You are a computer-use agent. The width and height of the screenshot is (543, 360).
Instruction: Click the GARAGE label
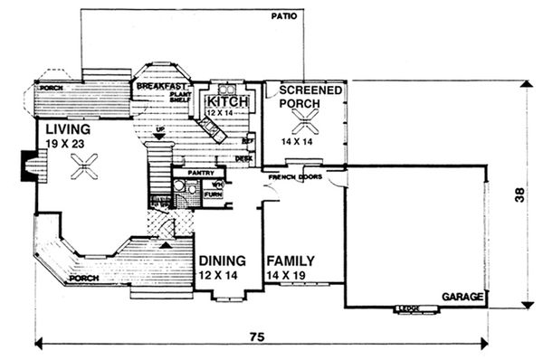tap(462, 297)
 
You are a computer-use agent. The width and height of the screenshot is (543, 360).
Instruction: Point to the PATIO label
tap(285, 17)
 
